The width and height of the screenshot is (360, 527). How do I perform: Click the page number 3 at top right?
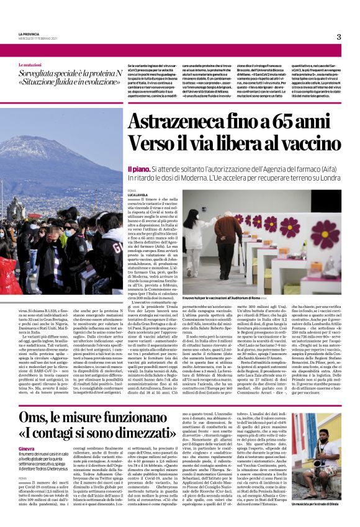click(x=338, y=37)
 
